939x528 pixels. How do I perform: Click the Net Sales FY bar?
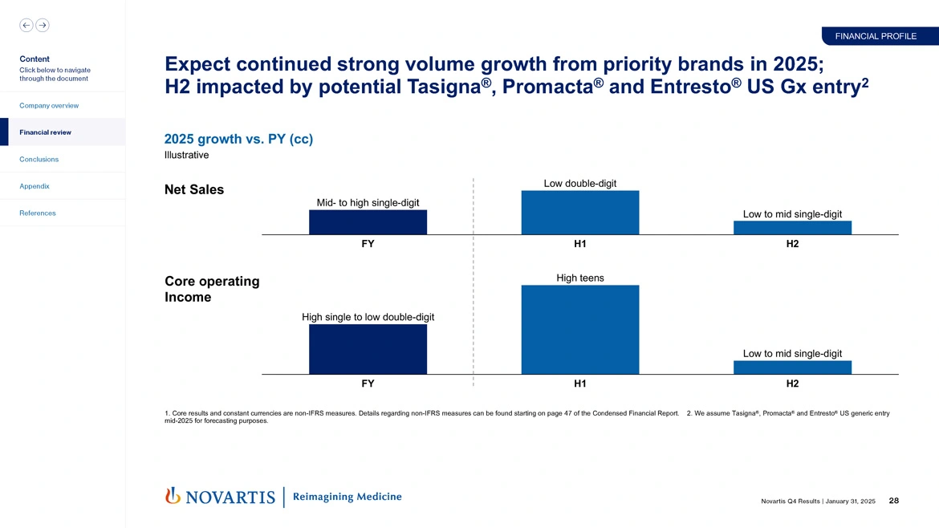[368, 222]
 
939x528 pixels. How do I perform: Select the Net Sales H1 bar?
[579, 213]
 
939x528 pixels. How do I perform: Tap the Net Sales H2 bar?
[792, 228]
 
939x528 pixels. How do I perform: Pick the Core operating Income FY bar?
[368, 349]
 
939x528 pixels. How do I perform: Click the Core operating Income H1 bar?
[579, 330]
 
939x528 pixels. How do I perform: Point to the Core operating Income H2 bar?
[792, 368]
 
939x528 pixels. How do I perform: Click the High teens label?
[579, 278]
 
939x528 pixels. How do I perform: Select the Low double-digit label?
[579, 184]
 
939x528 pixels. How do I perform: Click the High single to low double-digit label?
[368, 317]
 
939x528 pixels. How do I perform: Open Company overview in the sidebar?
[50, 106]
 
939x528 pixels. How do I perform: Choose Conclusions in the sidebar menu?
[39, 159]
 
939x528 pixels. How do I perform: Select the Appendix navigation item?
[35, 186]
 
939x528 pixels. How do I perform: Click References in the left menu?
[38, 213]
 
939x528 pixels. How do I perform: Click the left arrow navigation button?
[26, 25]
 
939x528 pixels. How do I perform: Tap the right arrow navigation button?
[43, 25]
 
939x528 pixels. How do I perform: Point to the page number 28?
[894, 501]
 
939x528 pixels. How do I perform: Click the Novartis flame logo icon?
[172, 496]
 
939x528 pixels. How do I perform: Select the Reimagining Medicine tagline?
[348, 497]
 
